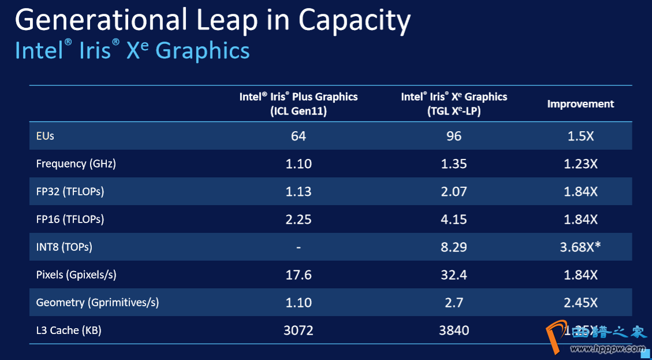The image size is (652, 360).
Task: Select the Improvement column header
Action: tap(580, 104)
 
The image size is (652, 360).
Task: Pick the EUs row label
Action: tap(45, 136)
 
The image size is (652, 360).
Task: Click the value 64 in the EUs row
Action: tap(299, 136)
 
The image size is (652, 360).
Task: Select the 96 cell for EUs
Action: tap(454, 136)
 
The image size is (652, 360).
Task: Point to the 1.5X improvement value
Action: tap(580, 136)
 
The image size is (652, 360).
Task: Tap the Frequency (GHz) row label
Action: tap(76, 164)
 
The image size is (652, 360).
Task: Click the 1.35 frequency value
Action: tap(454, 164)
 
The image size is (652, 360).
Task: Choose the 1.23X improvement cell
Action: tap(580, 164)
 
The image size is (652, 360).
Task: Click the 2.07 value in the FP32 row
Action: tap(454, 191)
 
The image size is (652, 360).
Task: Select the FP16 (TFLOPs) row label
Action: tap(70, 219)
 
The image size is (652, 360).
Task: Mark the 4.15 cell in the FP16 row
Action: tap(454, 219)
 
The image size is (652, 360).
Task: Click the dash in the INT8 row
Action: tap(299, 247)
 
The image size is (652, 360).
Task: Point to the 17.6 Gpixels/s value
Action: tap(299, 274)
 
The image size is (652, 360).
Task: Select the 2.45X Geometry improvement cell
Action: tap(580, 302)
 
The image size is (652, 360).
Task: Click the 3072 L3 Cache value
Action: tap(299, 331)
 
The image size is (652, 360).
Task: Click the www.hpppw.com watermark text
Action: tap(608, 349)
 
